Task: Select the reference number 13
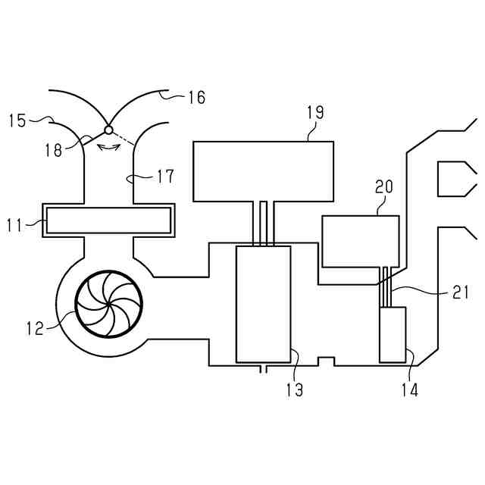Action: click(294, 390)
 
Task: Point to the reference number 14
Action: click(410, 390)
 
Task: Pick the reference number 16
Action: click(196, 97)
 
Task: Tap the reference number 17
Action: click(165, 177)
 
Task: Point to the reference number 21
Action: click(461, 293)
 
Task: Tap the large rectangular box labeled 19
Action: click(263, 171)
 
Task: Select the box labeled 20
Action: click(360, 241)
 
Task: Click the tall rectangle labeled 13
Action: click(262, 304)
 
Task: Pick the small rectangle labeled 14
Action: click(393, 334)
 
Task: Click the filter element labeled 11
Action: click(108, 221)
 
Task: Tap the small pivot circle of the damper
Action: click(108, 128)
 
